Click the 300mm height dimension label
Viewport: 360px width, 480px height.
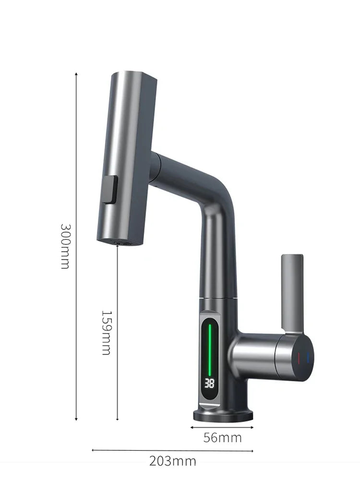[65, 245]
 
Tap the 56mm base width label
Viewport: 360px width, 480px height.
[222, 437]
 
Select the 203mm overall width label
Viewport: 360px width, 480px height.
[172, 462]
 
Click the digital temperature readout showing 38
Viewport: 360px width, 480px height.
[210, 383]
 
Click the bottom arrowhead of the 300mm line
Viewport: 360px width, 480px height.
[76, 419]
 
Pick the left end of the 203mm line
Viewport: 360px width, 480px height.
[93, 450]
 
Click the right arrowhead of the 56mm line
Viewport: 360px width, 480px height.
[252, 426]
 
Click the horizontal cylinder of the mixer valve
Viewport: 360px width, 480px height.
[259, 355]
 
